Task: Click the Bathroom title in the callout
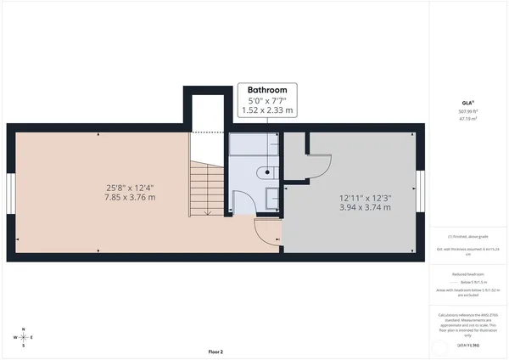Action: (x=266, y=89)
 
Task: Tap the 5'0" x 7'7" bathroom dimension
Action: (x=266, y=100)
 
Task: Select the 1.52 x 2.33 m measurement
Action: (x=266, y=110)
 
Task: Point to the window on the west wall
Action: (x=10, y=194)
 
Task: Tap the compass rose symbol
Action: (x=24, y=337)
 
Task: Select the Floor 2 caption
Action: (x=215, y=352)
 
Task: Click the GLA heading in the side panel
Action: (x=467, y=103)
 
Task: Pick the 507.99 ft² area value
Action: (x=467, y=111)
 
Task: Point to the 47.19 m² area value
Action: (x=467, y=120)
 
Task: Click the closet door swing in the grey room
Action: (x=318, y=163)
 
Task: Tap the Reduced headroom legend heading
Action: (x=467, y=274)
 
